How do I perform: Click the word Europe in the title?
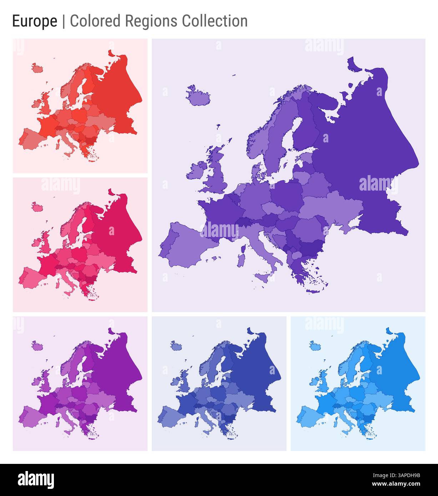click(35, 21)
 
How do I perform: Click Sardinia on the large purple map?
click(243, 253)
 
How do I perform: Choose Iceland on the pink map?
click(37, 207)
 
